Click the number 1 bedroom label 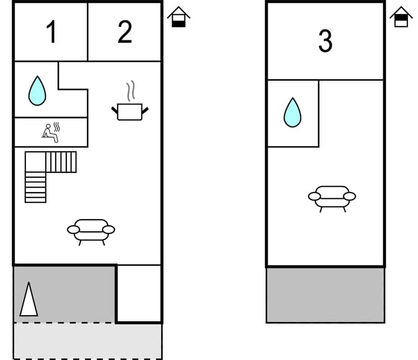click(x=51, y=32)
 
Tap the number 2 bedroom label click(x=125, y=32)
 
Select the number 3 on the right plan click(x=325, y=41)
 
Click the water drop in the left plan click(x=37, y=91)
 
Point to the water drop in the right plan click(x=292, y=113)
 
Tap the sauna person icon click(x=51, y=133)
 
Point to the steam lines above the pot click(x=130, y=91)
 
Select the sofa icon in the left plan click(x=91, y=231)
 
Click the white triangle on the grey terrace click(x=29, y=300)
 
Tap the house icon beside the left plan click(x=178, y=17)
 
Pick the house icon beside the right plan click(x=401, y=17)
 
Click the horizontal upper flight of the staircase click(x=61, y=162)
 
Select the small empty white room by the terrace click(x=139, y=293)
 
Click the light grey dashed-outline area click(x=87, y=341)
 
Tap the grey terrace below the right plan click(x=325, y=295)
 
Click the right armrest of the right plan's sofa click(x=349, y=196)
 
